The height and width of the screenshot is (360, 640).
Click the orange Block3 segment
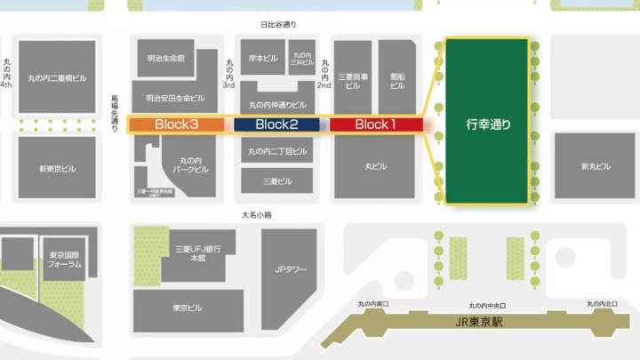pos(177,124)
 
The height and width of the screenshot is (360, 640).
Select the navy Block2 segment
pos(276,124)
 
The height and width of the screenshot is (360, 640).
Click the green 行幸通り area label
pos(488,124)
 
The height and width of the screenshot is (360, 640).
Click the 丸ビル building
pos(377,166)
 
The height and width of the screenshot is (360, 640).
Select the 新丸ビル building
pos(596,166)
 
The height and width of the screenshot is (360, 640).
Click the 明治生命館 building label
pos(166,58)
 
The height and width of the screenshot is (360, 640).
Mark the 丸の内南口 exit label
pos(373,305)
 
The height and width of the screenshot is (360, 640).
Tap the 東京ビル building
pos(187,308)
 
